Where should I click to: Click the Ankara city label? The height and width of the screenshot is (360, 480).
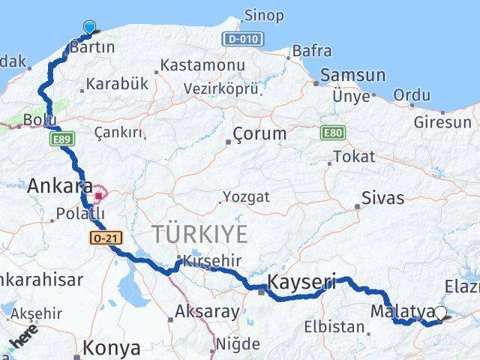pos(60,186)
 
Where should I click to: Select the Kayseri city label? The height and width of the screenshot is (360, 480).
pos(301,283)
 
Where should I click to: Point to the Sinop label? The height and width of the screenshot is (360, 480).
pos(263,16)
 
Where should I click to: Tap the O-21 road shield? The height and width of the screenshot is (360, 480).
pos(103,237)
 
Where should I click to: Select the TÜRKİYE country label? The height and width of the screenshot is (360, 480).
pos(199,234)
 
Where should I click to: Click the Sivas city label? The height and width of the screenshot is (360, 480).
pos(382,199)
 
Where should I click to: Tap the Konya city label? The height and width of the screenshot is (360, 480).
pos(112,348)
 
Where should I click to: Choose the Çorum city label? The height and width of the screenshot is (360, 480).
pos(259,134)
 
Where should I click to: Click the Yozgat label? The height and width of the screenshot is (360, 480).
pos(246,198)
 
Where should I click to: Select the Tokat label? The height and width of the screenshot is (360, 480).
pos(353,157)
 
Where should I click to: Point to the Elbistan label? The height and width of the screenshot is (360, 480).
pos(334,327)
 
